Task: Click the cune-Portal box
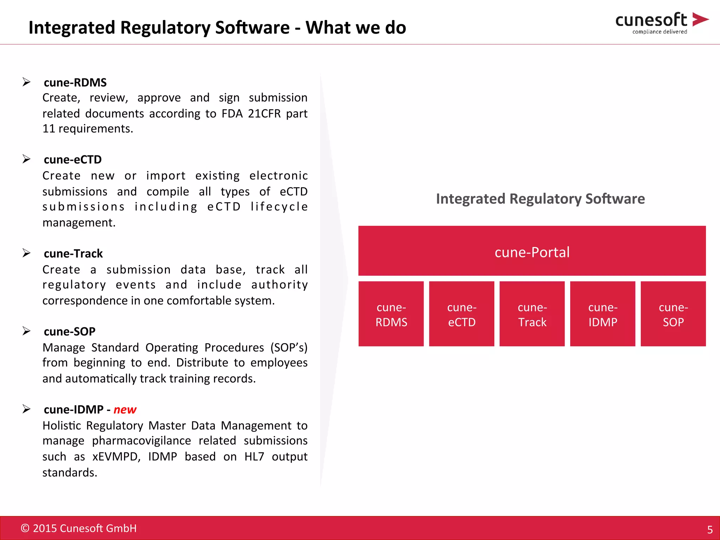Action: click(532, 251)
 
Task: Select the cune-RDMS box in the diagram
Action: click(391, 314)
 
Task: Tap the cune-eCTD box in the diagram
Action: click(462, 314)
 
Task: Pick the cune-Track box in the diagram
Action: click(532, 314)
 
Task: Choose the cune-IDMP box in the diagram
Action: click(603, 314)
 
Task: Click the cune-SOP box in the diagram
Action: click(673, 314)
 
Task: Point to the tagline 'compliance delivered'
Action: click(660, 32)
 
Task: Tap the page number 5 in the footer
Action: click(710, 529)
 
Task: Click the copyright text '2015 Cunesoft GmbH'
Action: click(84, 528)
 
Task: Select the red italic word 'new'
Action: click(125, 410)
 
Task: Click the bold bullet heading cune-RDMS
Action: click(75, 82)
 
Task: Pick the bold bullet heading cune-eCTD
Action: click(73, 160)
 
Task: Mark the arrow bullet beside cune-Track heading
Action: click(26, 253)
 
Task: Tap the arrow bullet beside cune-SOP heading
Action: click(26, 331)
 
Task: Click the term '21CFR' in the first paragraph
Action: click(264, 114)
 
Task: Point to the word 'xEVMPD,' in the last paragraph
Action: click(116, 456)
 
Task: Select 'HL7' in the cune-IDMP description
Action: click(254, 456)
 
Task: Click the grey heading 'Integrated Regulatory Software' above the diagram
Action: click(540, 199)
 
